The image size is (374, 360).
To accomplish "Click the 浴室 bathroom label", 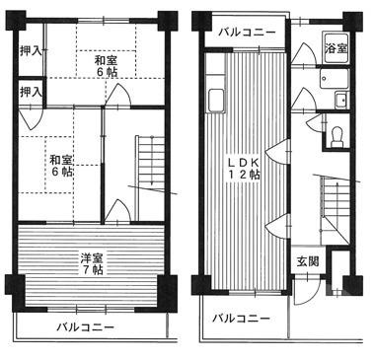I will point(336,47).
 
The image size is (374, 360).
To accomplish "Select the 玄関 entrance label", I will point(307,261).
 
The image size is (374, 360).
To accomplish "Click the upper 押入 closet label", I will point(31,49).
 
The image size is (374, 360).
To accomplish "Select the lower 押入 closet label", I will point(31,92).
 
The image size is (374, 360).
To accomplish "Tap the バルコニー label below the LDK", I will point(242,319).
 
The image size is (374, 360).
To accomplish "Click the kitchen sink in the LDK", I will point(215,100).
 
